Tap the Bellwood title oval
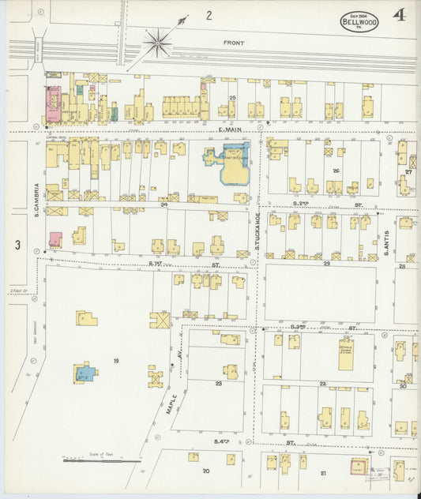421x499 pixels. (x=359, y=21)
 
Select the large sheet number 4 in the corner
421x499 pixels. (x=400, y=17)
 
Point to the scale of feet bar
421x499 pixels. (x=101, y=460)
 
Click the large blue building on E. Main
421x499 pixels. (x=231, y=162)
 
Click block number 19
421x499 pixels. (x=115, y=361)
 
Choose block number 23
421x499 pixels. (x=218, y=384)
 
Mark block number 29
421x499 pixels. (x=325, y=263)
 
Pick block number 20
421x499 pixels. (x=206, y=471)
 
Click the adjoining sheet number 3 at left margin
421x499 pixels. (x=17, y=245)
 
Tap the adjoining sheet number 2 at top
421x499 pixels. (x=209, y=15)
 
